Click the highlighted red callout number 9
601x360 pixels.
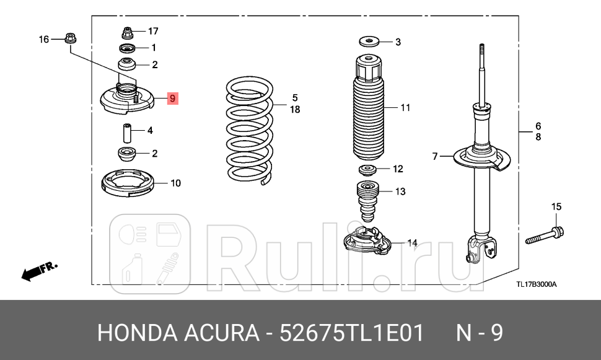pos(173,99)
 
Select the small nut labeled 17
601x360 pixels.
pos(128,31)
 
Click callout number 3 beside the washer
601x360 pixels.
pos(398,42)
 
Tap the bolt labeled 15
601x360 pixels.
pos(545,236)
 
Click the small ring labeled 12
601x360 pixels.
pos(369,170)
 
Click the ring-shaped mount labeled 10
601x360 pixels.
pos(127,183)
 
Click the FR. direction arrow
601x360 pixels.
pos(39,271)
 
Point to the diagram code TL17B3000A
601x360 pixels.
pos(537,284)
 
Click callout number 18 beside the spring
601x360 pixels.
pos(295,110)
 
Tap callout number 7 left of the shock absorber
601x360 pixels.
pos(435,156)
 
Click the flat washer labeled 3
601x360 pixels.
pos(369,42)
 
